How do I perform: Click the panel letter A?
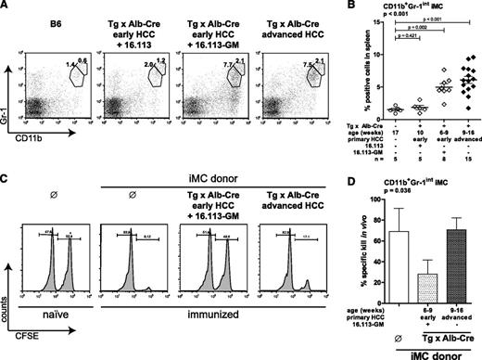(x=6, y=7)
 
